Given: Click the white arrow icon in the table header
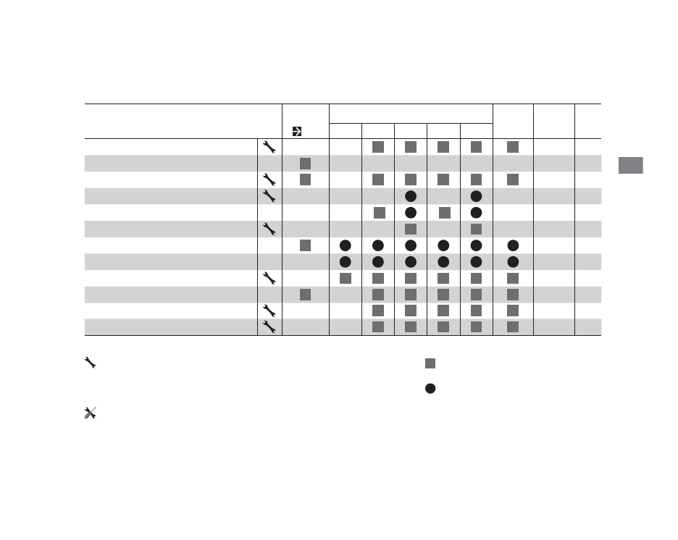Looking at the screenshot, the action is [x=296, y=132].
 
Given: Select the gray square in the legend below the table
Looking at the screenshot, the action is [x=430, y=363].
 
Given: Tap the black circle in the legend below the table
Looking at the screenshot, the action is [x=430, y=389].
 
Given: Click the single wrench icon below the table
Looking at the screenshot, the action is [x=91, y=363].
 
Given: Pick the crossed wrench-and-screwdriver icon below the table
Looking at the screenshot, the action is [x=91, y=413].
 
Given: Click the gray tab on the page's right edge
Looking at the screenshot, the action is [x=630, y=164].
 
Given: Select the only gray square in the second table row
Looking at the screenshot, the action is [x=305, y=163].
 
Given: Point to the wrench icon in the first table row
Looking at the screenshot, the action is [x=268, y=147].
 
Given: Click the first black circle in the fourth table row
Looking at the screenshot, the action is [x=410, y=196].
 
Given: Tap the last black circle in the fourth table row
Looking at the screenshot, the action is [x=476, y=196].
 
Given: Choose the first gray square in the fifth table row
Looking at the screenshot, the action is [x=378, y=212].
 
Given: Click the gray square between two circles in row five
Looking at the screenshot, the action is [x=444, y=212].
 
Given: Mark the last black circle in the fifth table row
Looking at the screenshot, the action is [x=476, y=212].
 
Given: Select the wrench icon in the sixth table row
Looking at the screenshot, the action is [x=268, y=229].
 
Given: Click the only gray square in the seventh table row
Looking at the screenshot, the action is [x=305, y=245].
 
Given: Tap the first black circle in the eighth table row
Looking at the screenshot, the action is [x=346, y=261].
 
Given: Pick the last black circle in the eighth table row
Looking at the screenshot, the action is [x=513, y=261].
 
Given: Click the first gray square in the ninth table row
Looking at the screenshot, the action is [x=346, y=278].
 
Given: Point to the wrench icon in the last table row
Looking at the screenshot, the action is [x=268, y=327].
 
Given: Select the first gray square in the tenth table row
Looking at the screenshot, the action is [x=305, y=294].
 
